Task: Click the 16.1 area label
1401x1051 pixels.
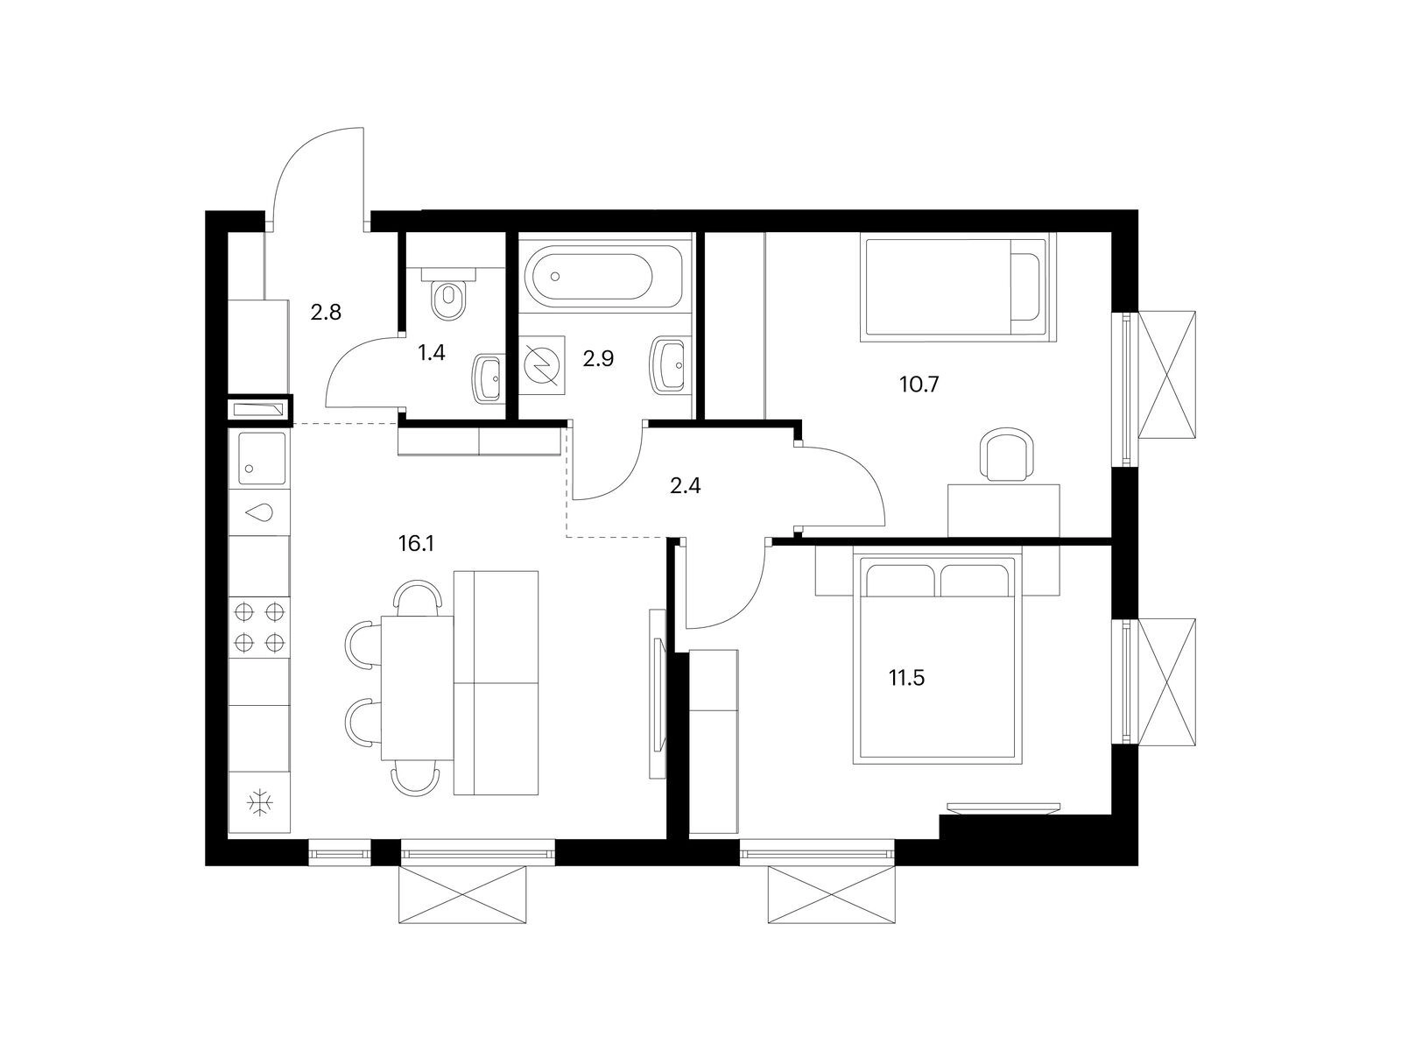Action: (x=416, y=544)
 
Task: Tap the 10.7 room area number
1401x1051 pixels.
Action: (x=919, y=384)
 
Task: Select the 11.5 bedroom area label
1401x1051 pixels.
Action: (x=906, y=678)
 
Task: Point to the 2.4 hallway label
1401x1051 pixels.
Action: (x=685, y=486)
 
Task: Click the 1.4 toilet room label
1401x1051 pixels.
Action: (x=431, y=352)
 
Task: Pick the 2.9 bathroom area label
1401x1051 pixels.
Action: (x=598, y=358)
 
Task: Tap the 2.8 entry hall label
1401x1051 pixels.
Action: (x=326, y=312)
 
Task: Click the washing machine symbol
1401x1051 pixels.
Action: (x=541, y=364)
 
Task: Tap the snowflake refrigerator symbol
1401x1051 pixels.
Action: (x=260, y=803)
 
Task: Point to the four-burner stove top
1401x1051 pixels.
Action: (x=259, y=628)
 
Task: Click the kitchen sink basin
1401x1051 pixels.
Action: (x=263, y=458)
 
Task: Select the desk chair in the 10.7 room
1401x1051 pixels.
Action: (x=1007, y=455)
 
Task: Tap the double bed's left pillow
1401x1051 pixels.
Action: (x=901, y=581)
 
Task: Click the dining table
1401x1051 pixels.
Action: (x=418, y=688)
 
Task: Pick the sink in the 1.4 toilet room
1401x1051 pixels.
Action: (x=489, y=378)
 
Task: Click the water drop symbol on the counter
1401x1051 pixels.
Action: (x=259, y=511)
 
